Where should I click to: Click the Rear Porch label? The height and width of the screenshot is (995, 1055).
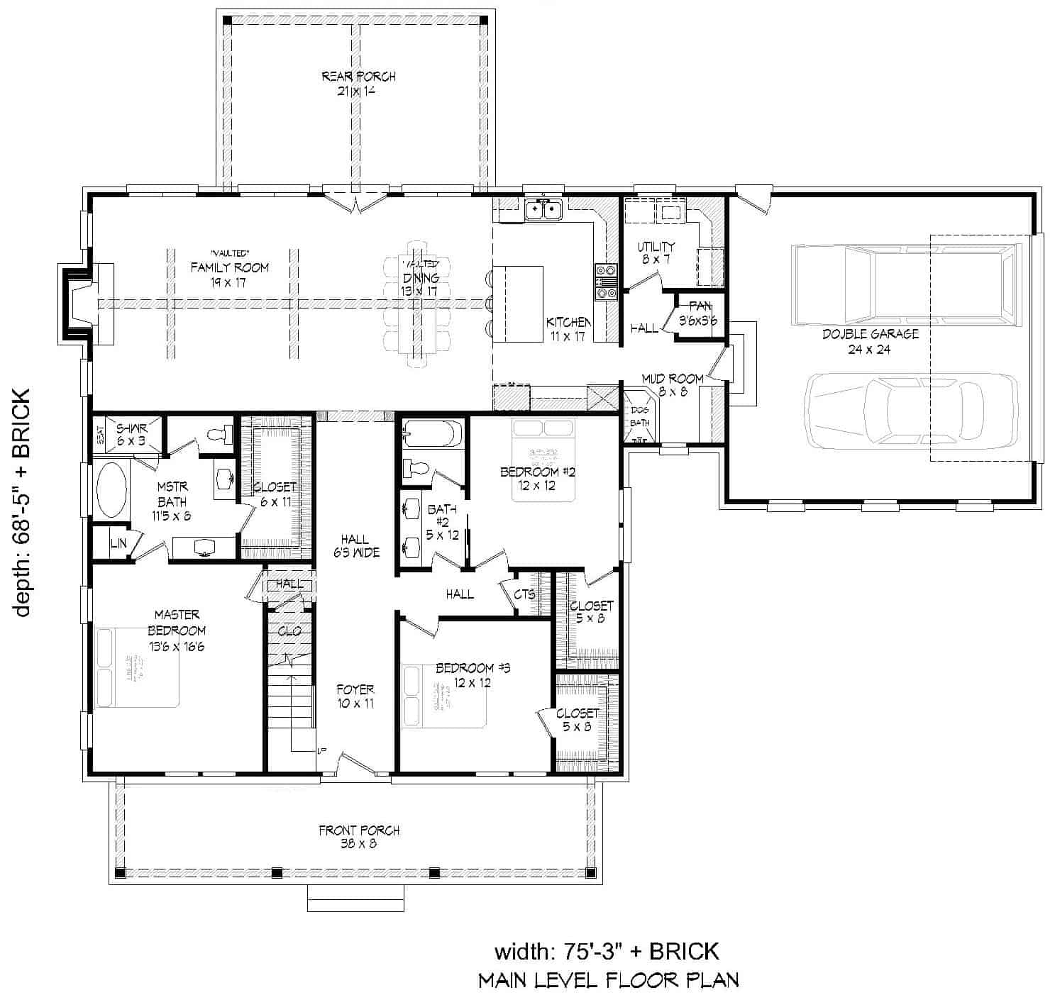click(x=358, y=83)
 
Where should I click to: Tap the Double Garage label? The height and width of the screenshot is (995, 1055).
click(x=870, y=341)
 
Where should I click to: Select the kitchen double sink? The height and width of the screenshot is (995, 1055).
click(x=543, y=210)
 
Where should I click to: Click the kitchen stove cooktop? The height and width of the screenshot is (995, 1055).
click(x=606, y=283)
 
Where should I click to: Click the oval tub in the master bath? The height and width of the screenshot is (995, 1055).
click(x=112, y=490)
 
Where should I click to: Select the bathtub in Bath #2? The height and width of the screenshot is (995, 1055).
click(x=432, y=434)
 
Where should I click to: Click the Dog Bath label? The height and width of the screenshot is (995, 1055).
click(x=640, y=416)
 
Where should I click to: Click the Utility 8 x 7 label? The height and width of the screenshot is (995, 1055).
click(x=656, y=252)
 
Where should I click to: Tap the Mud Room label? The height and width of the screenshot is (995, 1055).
click(x=672, y=384)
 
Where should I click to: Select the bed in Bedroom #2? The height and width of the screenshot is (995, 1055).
click(x=543, y=460)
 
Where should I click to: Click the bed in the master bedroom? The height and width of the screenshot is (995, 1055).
click(x=138, y=667)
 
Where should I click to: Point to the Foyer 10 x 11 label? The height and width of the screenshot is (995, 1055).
click(x=355, y=696)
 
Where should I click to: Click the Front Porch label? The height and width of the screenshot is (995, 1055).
click(x=358, y=836)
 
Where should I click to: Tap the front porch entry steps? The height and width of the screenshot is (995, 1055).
click(x=355, y=898)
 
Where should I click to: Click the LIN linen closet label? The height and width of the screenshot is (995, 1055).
click(x=118, y=545)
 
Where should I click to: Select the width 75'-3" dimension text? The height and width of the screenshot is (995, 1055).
click(x=607, y=950)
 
